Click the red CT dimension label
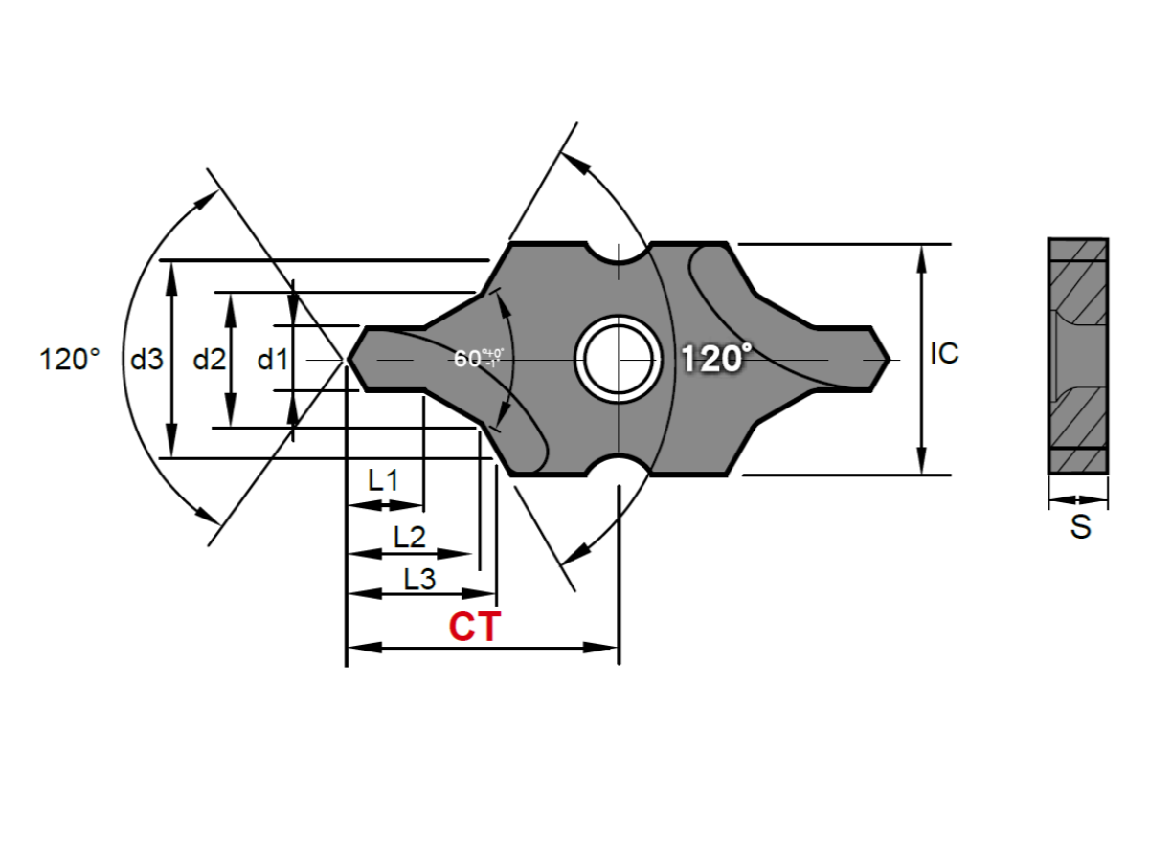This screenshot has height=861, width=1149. coord(474,628)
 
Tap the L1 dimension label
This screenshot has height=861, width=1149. coord(383,480)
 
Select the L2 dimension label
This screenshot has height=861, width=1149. coord(409,537)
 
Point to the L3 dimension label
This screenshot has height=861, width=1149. coord(419,578)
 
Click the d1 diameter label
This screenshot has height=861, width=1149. coord(272,360)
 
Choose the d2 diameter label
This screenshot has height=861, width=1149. coord(209,360)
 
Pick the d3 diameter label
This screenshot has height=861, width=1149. coord(146,360)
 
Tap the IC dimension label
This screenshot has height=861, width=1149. coord(944,354)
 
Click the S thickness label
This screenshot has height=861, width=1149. coord(1080,527)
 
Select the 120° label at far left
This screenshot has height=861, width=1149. coord(70,360)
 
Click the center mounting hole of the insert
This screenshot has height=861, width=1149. coord(620,360)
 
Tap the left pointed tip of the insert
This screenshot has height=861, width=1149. coord(349,360)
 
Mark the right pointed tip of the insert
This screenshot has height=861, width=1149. coord(889,360)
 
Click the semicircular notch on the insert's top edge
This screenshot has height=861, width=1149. coord(620,253)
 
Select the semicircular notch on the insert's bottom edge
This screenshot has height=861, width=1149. coord(620,467)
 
